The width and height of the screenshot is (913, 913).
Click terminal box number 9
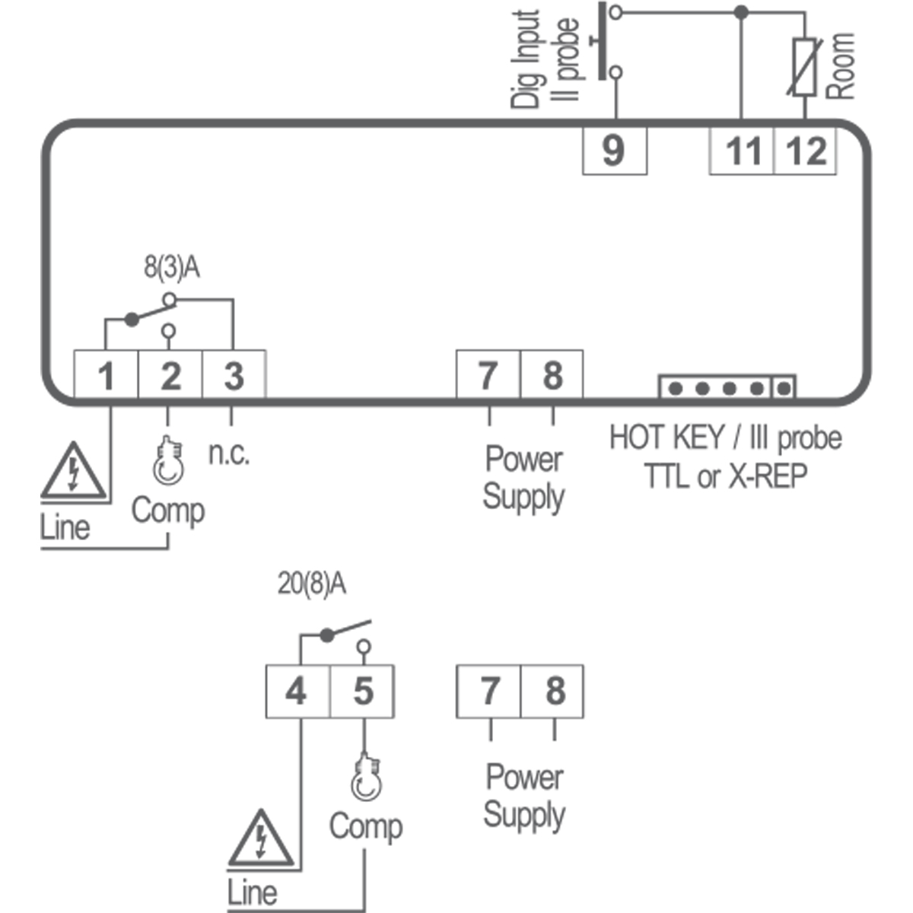(x=614, y=149)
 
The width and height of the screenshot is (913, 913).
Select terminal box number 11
(x=742, y=149)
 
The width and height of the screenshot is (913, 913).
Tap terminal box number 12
(x=806, y=149)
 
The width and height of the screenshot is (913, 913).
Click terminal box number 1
(x=106, y=375)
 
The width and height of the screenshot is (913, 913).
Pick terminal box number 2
(x=170, y=375)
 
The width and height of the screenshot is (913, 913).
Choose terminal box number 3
(x=234, y=375)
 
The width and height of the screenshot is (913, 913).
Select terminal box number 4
(x=297, y=691)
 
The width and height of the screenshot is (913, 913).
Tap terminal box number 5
(x=362, y=691)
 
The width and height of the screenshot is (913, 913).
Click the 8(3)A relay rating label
(x=172, y=268)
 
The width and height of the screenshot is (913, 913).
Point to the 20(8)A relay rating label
(x=311, y=584)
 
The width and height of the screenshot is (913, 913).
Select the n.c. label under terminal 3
(x=228, y=453)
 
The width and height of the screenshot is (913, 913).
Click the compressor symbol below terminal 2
(x=168, y=463)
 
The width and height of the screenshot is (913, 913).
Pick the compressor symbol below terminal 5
(x=366, y=777)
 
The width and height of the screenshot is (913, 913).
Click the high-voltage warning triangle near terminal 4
(x=261, y=840)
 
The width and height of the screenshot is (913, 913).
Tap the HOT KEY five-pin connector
(x=727, y=387)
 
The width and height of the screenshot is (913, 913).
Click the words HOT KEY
(x=666, y=438)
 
